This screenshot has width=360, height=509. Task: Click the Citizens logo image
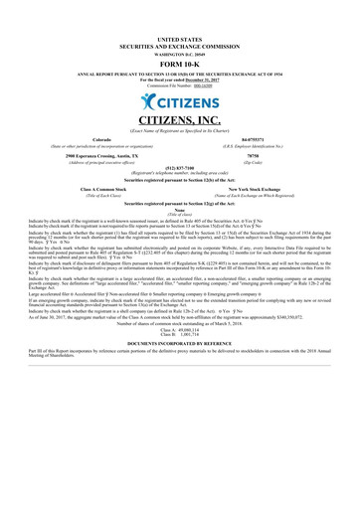180,103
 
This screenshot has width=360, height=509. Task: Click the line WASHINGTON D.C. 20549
180,51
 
